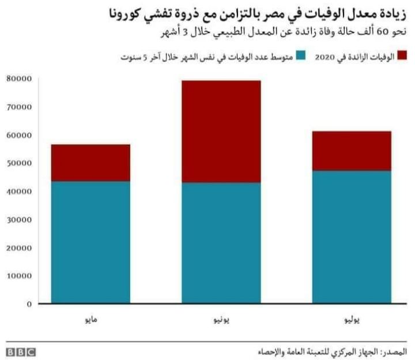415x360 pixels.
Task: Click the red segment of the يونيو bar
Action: pyautogui.click(x=221, y=132)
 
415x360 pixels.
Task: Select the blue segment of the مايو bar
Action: pyautogui.click(x=90, y=242)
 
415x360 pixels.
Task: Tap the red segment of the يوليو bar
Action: pyautogui.click(x=352, y=151)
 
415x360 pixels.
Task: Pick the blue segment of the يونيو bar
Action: pyautogui.click(x=221, y=243)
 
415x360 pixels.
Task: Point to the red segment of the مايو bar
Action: pyautogui.click(x=90, y=163)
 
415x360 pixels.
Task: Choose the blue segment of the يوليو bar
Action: pyautogui.click(x=352, y=237)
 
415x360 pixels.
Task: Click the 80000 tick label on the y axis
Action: pyautogui.click(x=19, y=78)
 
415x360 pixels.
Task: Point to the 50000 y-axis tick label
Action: pyautogui.click(x=19, y=163)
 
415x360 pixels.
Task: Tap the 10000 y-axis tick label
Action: pyautogui.click(x=19, y=276)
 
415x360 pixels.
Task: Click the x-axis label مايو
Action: pyautogui.click(x=90, y=318)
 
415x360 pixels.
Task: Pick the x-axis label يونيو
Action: pyautogui.click(x=221, y=318)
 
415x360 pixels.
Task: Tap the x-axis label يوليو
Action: pyautogui.click(x=352, y=318)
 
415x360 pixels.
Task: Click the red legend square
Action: pyautogui.click(x=401, y=55)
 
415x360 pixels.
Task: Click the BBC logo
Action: pyautogui.click(x=21, y=351)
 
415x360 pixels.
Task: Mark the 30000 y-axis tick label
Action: pyautogui.click(x=19, y=220)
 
